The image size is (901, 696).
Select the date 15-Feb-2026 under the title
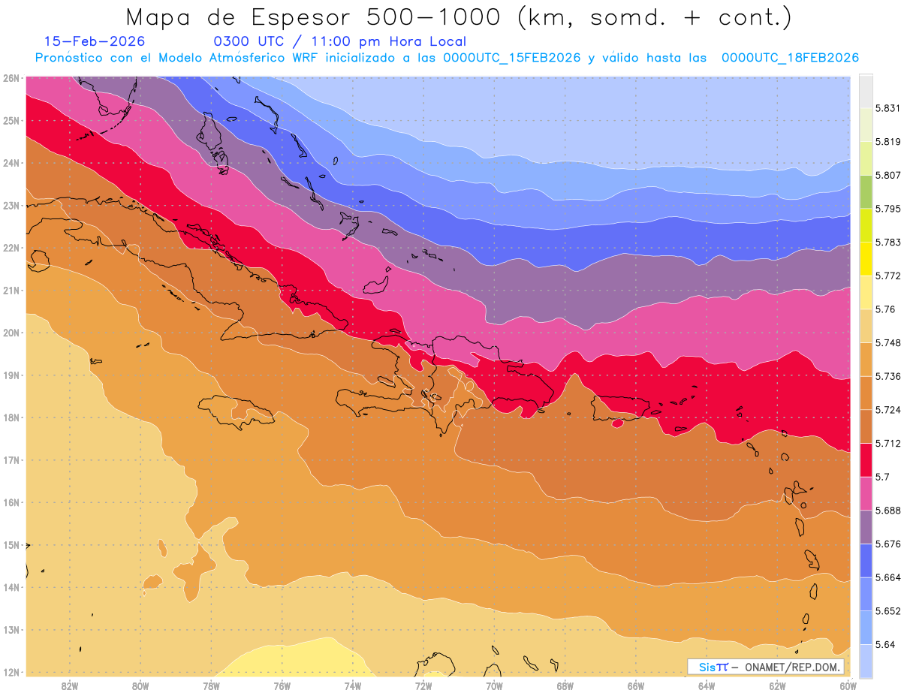[95, 41]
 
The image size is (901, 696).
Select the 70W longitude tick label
[494, 685]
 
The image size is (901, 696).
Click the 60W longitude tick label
[848, 685]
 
